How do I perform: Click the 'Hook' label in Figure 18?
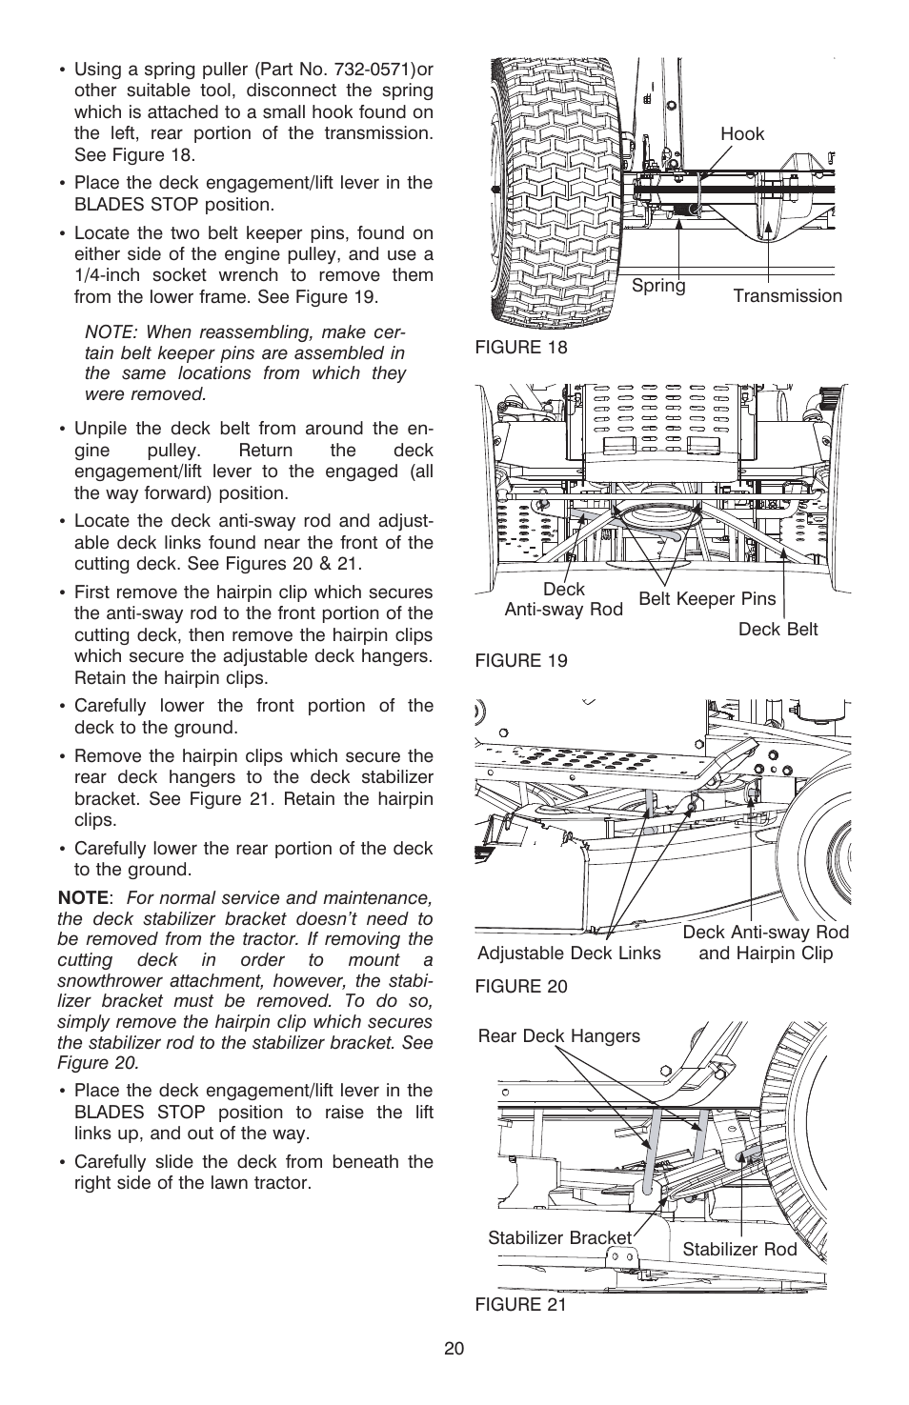point(741,134)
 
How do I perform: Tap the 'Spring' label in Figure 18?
point(658,286)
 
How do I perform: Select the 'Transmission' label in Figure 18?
point(787,295)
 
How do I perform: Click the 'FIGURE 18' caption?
point(521,347)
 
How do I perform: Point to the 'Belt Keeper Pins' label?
point(707,598)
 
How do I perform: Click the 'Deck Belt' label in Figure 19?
point(778,629)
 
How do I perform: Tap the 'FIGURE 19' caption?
point(521,661)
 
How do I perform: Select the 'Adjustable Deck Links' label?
point(569,953)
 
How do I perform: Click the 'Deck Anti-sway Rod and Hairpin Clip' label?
point(765,943)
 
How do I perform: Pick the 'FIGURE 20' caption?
point(521,987)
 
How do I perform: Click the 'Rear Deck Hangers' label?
point(559,1035)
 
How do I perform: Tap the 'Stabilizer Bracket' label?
point(559,1237)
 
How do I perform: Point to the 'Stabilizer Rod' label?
point(739,1249)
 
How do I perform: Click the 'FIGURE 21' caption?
point(521,1305)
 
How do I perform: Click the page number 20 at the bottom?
point(454,1349)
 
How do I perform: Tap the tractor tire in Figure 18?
point(553,191)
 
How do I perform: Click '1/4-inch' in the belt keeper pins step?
point(106,275)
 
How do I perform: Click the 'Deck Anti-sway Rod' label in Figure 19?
point(563,599)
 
